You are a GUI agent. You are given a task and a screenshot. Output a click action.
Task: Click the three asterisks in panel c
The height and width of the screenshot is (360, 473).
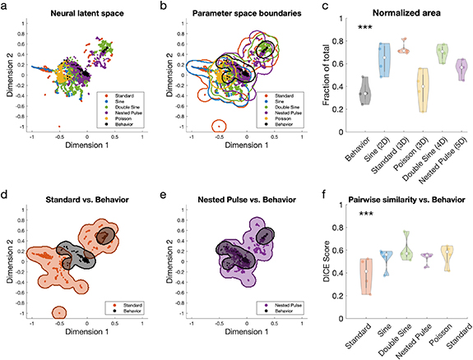tap(368, 28)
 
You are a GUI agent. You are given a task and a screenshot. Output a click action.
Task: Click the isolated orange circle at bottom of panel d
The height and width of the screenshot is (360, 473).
tap(58, 313)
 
